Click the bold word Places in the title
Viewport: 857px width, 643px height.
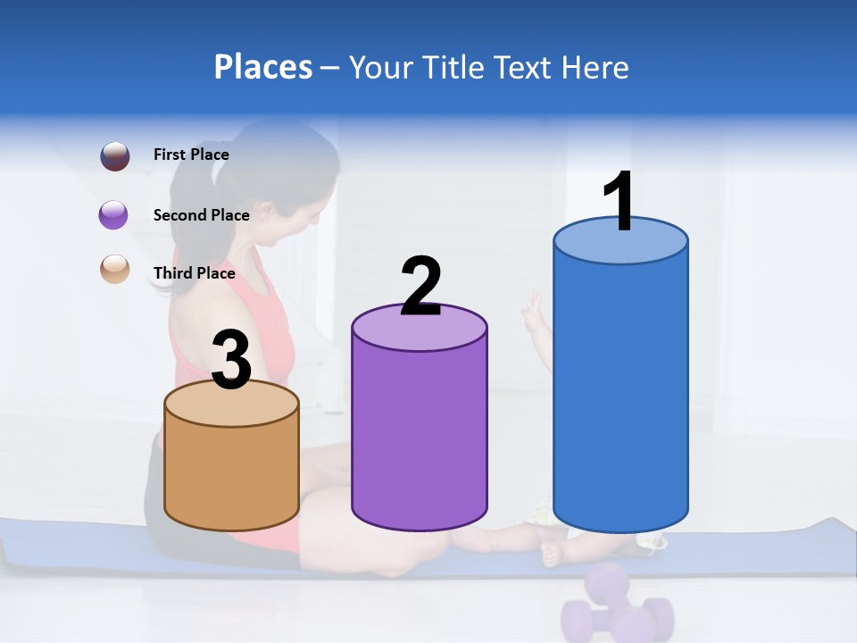coord(262,67)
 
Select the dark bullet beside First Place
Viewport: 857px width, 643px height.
coord(114,155)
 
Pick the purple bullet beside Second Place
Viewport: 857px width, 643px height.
coord(114,215)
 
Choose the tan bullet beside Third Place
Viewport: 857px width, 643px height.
coord(114,270)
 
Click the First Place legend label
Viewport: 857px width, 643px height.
coord(191,154)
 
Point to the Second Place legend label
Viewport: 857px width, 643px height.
coord(201,215)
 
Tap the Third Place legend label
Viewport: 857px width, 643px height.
coord(194,273)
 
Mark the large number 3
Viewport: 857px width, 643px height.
coord(231,359)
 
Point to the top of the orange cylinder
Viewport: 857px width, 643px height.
coord(231,404)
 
